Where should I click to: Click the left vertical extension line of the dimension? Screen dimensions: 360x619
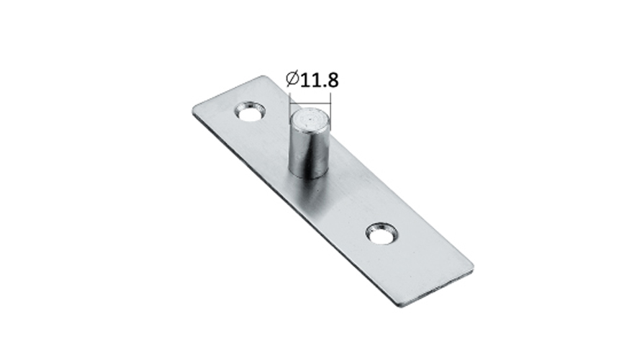(x=290, y=101)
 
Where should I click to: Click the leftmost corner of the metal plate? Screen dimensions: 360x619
(x=194, y=110)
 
